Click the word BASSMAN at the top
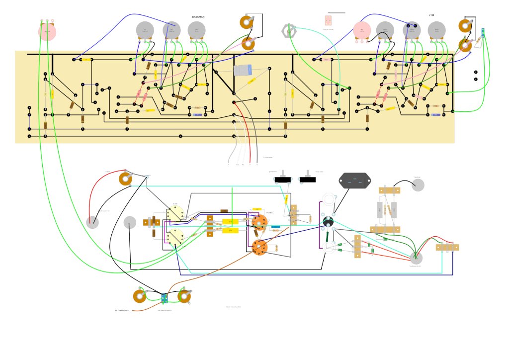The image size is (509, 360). coord(198,17)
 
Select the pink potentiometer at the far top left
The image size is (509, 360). coord(47,31)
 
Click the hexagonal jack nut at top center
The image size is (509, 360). coord(288,30)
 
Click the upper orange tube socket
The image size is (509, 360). coord(259,222)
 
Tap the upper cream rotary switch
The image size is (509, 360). coord(175,214)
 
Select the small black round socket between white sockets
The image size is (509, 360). coord(328,222)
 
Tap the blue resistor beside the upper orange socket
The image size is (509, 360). coord(274,226)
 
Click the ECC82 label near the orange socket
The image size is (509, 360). coord(269,213)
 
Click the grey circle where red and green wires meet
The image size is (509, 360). coord(416,258)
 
